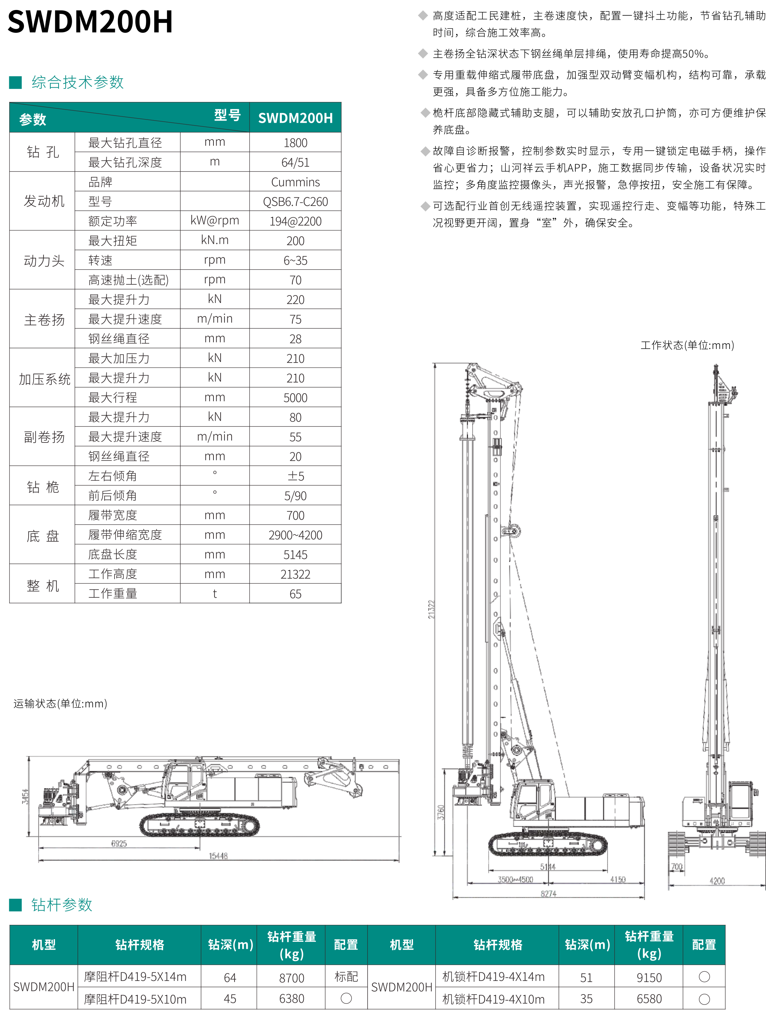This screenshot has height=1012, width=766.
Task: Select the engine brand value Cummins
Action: coord(295,182)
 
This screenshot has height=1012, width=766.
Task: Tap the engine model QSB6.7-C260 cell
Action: coord(295,202)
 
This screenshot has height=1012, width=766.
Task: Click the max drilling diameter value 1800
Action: coord(295,143)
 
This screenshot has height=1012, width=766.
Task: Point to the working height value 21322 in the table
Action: coord(295,574)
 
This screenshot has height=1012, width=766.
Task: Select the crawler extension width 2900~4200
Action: coord(295,535)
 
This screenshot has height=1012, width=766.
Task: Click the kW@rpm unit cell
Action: coord(215,221)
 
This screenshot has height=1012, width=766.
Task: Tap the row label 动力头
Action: coord(44,261)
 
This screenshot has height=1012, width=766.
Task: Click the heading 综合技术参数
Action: coord(77,82)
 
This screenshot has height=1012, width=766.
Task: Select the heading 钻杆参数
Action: coord(61,905)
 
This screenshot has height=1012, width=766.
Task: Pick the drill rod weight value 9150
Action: coord(649,978)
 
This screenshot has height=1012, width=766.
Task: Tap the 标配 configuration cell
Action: coord(346,977)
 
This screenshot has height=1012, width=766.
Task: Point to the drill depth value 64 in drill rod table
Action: coord(230,978)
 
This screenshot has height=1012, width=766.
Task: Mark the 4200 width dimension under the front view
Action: coord(717,881)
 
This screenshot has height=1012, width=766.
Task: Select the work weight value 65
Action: coord(295,594)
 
